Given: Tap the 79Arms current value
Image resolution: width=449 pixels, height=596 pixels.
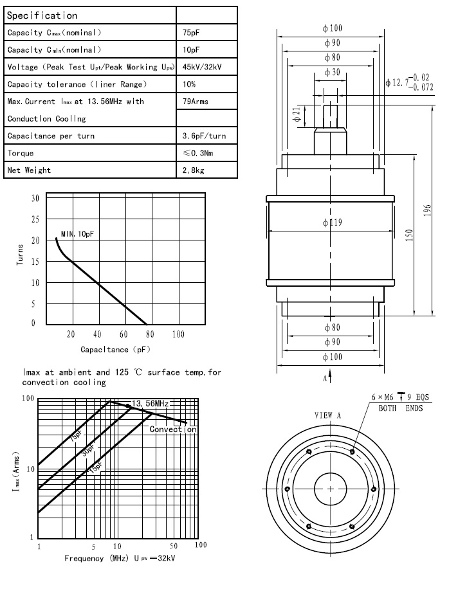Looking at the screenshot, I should click(x=196, y=102).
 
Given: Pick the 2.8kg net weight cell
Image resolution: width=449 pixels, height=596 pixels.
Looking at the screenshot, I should click(x=194, y=170).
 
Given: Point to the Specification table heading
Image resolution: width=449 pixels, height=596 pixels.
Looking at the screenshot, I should click(x=42, y=15).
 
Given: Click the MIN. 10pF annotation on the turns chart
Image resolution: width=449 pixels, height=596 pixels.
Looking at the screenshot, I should click(x=78, y=234).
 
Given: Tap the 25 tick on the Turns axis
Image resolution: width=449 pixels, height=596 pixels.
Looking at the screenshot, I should click(x=35, y=219).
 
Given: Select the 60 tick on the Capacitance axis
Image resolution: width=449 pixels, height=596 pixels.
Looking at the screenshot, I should click(x=124, y=334).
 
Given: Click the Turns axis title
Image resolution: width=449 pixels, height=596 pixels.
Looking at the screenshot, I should click(x=21, y=255).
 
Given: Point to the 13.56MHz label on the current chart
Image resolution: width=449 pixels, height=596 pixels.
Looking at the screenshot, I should click(x=150, y=404).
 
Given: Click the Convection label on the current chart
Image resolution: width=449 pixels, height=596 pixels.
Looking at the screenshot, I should click(x=172, y=429).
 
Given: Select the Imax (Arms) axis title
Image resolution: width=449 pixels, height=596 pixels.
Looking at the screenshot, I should click(x=15, y=471).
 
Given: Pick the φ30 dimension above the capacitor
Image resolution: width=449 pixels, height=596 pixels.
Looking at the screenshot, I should click(x=332, y=73).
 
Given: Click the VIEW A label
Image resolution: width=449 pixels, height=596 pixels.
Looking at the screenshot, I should click(x=327, y=415).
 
